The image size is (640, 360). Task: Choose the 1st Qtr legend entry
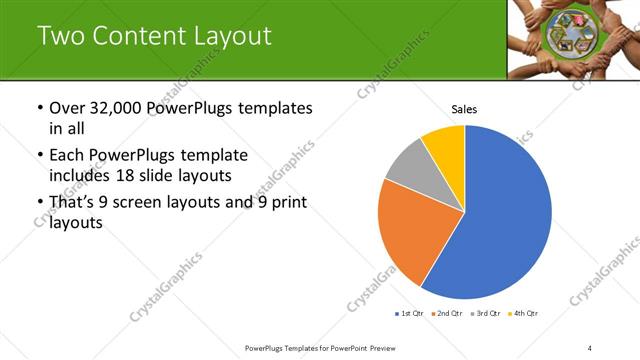(x=409, y=314)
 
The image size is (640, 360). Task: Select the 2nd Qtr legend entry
(x=447, y=314)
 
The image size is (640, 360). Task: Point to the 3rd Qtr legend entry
(x=486, y=314)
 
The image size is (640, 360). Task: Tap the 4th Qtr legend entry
(x=525, y=314)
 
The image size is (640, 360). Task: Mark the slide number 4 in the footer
(x=590, y=347)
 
